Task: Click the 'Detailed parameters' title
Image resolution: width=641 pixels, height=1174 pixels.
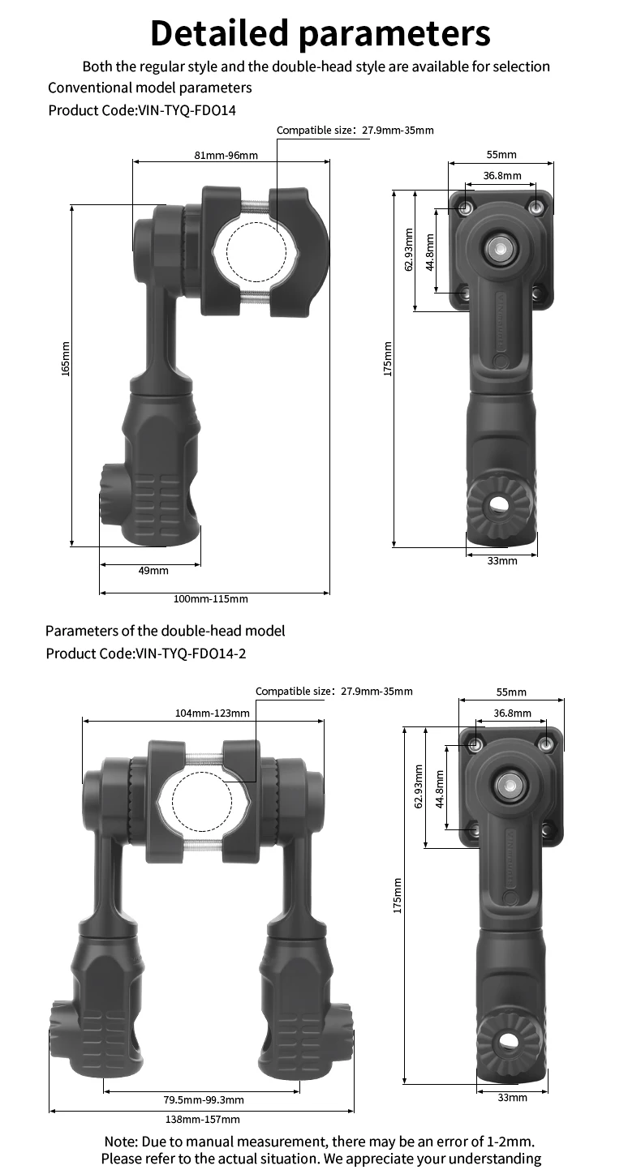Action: pyautogui.click(x=320, y=33)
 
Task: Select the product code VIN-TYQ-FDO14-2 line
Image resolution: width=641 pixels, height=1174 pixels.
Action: pyautogui.click(x=146, y=653)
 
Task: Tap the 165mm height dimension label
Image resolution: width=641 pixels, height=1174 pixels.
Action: pyautogui.click(x=66, y=358)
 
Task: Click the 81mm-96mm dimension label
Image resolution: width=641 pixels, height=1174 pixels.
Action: pyautogui.click(x=226, y=155)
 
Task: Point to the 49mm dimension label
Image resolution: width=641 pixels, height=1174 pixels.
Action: pyautogui.click(x=153, y=570)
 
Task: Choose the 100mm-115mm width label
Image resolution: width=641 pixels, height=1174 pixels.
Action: pyautogui.click(x=211, y=598)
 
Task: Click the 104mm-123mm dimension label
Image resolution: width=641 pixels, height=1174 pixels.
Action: pyautogui.click(x=213, y=713)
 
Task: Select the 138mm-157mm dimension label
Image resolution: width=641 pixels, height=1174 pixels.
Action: pyautogui.click(x=203, y=1120)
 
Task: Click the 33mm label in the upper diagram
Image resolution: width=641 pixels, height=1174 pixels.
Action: pyautogui.click(x=502, y=561)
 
